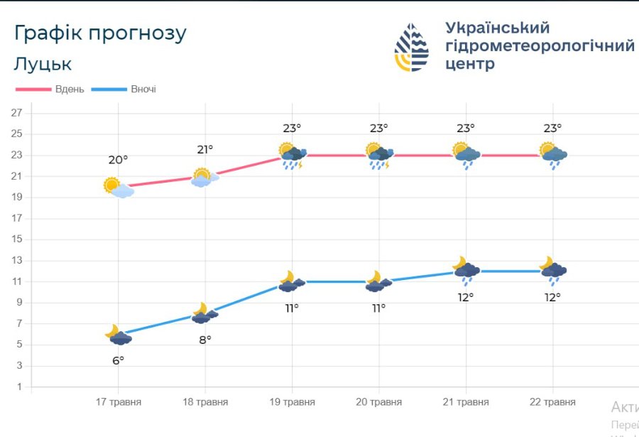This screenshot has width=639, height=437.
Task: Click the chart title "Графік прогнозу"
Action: (x=100, y=33)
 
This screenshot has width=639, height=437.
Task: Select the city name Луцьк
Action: (x=43, y=64)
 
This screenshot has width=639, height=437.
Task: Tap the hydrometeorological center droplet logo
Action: (x=412, y=47)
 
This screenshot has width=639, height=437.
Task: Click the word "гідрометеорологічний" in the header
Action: (x=540, y=46)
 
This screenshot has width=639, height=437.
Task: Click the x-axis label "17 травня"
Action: (x=119, y=402)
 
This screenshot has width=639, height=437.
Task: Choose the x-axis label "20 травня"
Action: (x=378, y=402)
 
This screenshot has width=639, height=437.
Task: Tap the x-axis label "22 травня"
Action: (x=552, y=402)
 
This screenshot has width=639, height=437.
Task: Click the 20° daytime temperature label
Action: (x=118, y=160)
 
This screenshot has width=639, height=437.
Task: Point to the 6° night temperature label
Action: (x=118, y=360)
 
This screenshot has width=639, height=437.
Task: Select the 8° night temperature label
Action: (x=205, y=340)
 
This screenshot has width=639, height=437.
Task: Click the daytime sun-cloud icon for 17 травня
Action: (x=118, y=188)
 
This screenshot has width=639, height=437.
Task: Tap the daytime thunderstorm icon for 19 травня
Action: (x=293, y=156)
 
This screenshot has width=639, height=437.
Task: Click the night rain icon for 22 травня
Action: (x=552, y=271)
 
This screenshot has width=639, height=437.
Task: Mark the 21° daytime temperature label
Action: (x=205, y=149)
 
